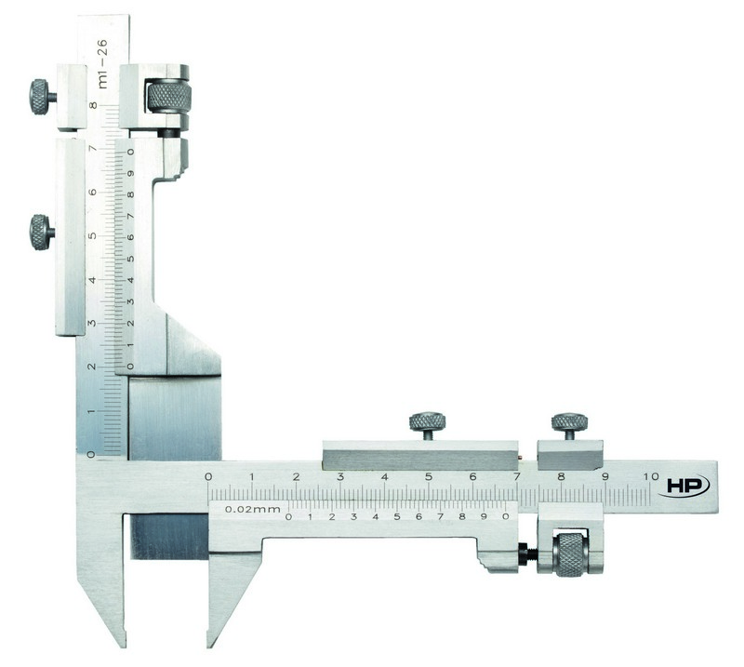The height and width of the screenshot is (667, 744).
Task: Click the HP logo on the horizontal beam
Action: coord(684,486)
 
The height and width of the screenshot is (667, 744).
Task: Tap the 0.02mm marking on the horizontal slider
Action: coord(252,510)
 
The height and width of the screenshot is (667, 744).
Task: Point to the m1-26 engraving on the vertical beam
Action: coord(102,63)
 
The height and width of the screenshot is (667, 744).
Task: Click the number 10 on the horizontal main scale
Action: coord(652,476)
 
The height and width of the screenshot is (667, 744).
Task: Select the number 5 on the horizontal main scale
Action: coord(429,476)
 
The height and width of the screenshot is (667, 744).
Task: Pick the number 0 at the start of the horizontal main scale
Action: coord(208,476)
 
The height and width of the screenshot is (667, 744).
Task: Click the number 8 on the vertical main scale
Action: coord(94,105)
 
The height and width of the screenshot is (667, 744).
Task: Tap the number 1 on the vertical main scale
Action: coord(92,411)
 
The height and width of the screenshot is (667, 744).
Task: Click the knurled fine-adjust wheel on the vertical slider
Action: coord(169,98)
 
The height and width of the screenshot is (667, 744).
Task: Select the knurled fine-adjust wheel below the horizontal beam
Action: coord(571,554)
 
